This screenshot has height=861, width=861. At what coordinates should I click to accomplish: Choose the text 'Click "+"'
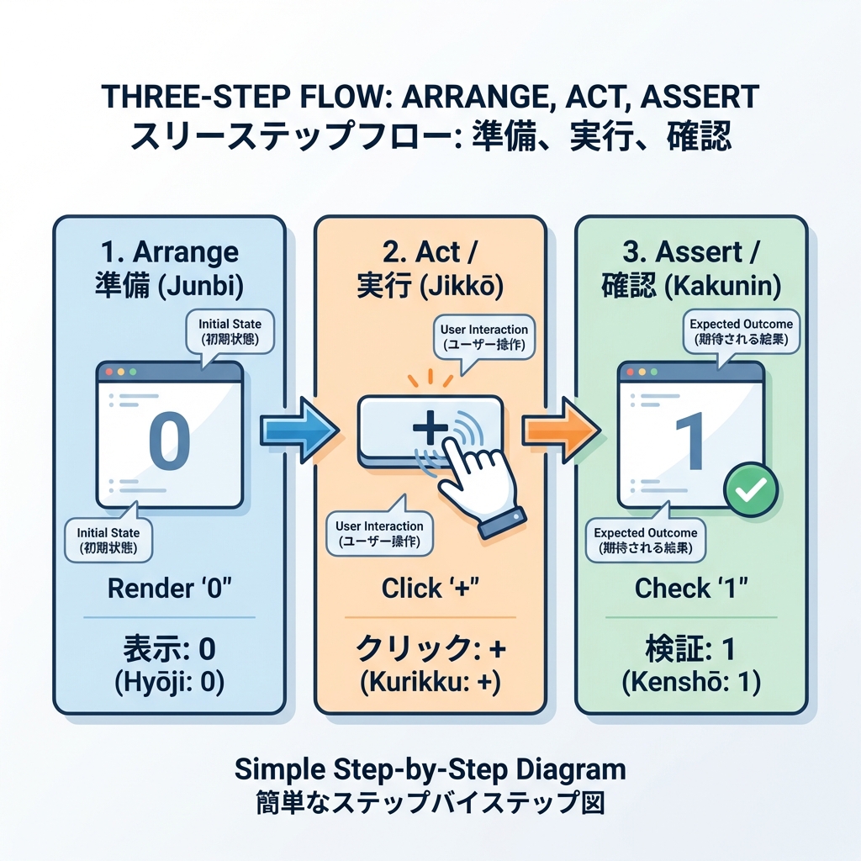[x=430, y=589]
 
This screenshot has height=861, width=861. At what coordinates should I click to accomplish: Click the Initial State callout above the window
[x=230, y=331]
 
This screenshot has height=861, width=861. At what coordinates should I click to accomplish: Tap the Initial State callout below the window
[x=108, y=540]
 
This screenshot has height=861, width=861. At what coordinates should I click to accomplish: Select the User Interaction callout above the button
[x=484, y=336]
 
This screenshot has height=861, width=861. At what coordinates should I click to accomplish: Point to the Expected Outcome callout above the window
[x=741, y=332]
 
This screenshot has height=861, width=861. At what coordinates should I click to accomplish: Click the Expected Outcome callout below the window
[x=645, y=541]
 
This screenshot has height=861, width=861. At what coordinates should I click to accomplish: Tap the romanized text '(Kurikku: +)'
[x=430, y=683]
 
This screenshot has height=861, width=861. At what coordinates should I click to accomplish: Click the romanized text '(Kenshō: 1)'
[x=691, y=683]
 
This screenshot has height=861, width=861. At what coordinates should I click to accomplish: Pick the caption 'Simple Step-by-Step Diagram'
[x=430, y=769]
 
